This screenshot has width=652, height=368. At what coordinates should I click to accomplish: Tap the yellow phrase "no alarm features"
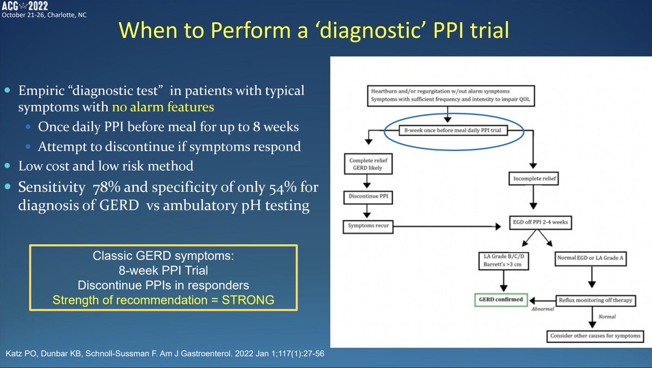point(163,107)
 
